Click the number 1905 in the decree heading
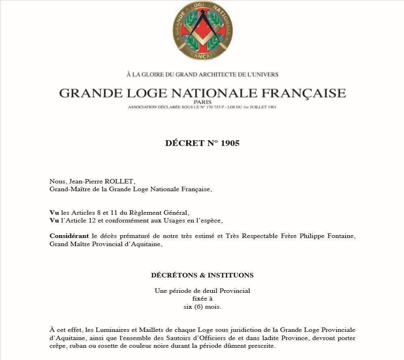tap(230, 143)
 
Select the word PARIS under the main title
tap(202, 102)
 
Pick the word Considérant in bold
tap(69, 236)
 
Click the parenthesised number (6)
tap(200, 307)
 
